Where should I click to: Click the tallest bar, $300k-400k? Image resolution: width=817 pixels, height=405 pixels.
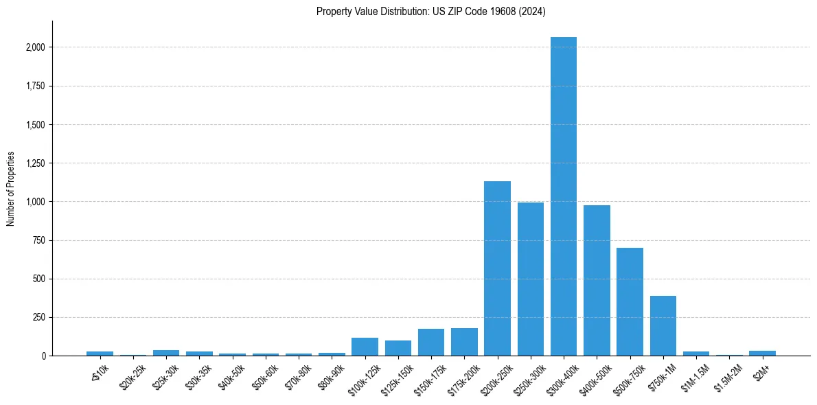pyautogui.click(x=564, y=199)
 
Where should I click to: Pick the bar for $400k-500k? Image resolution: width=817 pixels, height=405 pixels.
pyautogui.click(x=597, y=281)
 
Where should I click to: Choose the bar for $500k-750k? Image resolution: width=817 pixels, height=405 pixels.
pyautogui.click(x=630, y=302)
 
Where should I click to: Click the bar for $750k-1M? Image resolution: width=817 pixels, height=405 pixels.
pyautogui.click(x=663, y=326)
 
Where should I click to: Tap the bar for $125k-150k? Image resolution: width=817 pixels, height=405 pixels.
pyautogui.click(x=398, y=349)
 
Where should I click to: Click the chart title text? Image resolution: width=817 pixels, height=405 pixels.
pyautogui.click(x=431, y=12)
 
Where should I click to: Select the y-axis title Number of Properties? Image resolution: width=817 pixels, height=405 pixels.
pyautogui.click(x=11, y=189)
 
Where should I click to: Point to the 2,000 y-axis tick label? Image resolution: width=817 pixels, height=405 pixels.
pyautogui.click(x=36, y=47)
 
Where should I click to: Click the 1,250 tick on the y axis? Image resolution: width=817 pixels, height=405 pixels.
pyautogui.click(x=36, y=163)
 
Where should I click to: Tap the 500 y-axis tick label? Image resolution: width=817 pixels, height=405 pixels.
pyautogui.click(x=40, y=279)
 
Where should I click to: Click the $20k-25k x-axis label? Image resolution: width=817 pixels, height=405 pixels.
pyautogui.click(x=133, y=371)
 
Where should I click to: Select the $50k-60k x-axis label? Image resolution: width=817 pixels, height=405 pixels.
pyautogui.click(x=265, y=371)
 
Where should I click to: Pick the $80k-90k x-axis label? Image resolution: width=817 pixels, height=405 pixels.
pyautogui.click(x=331, y=371)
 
